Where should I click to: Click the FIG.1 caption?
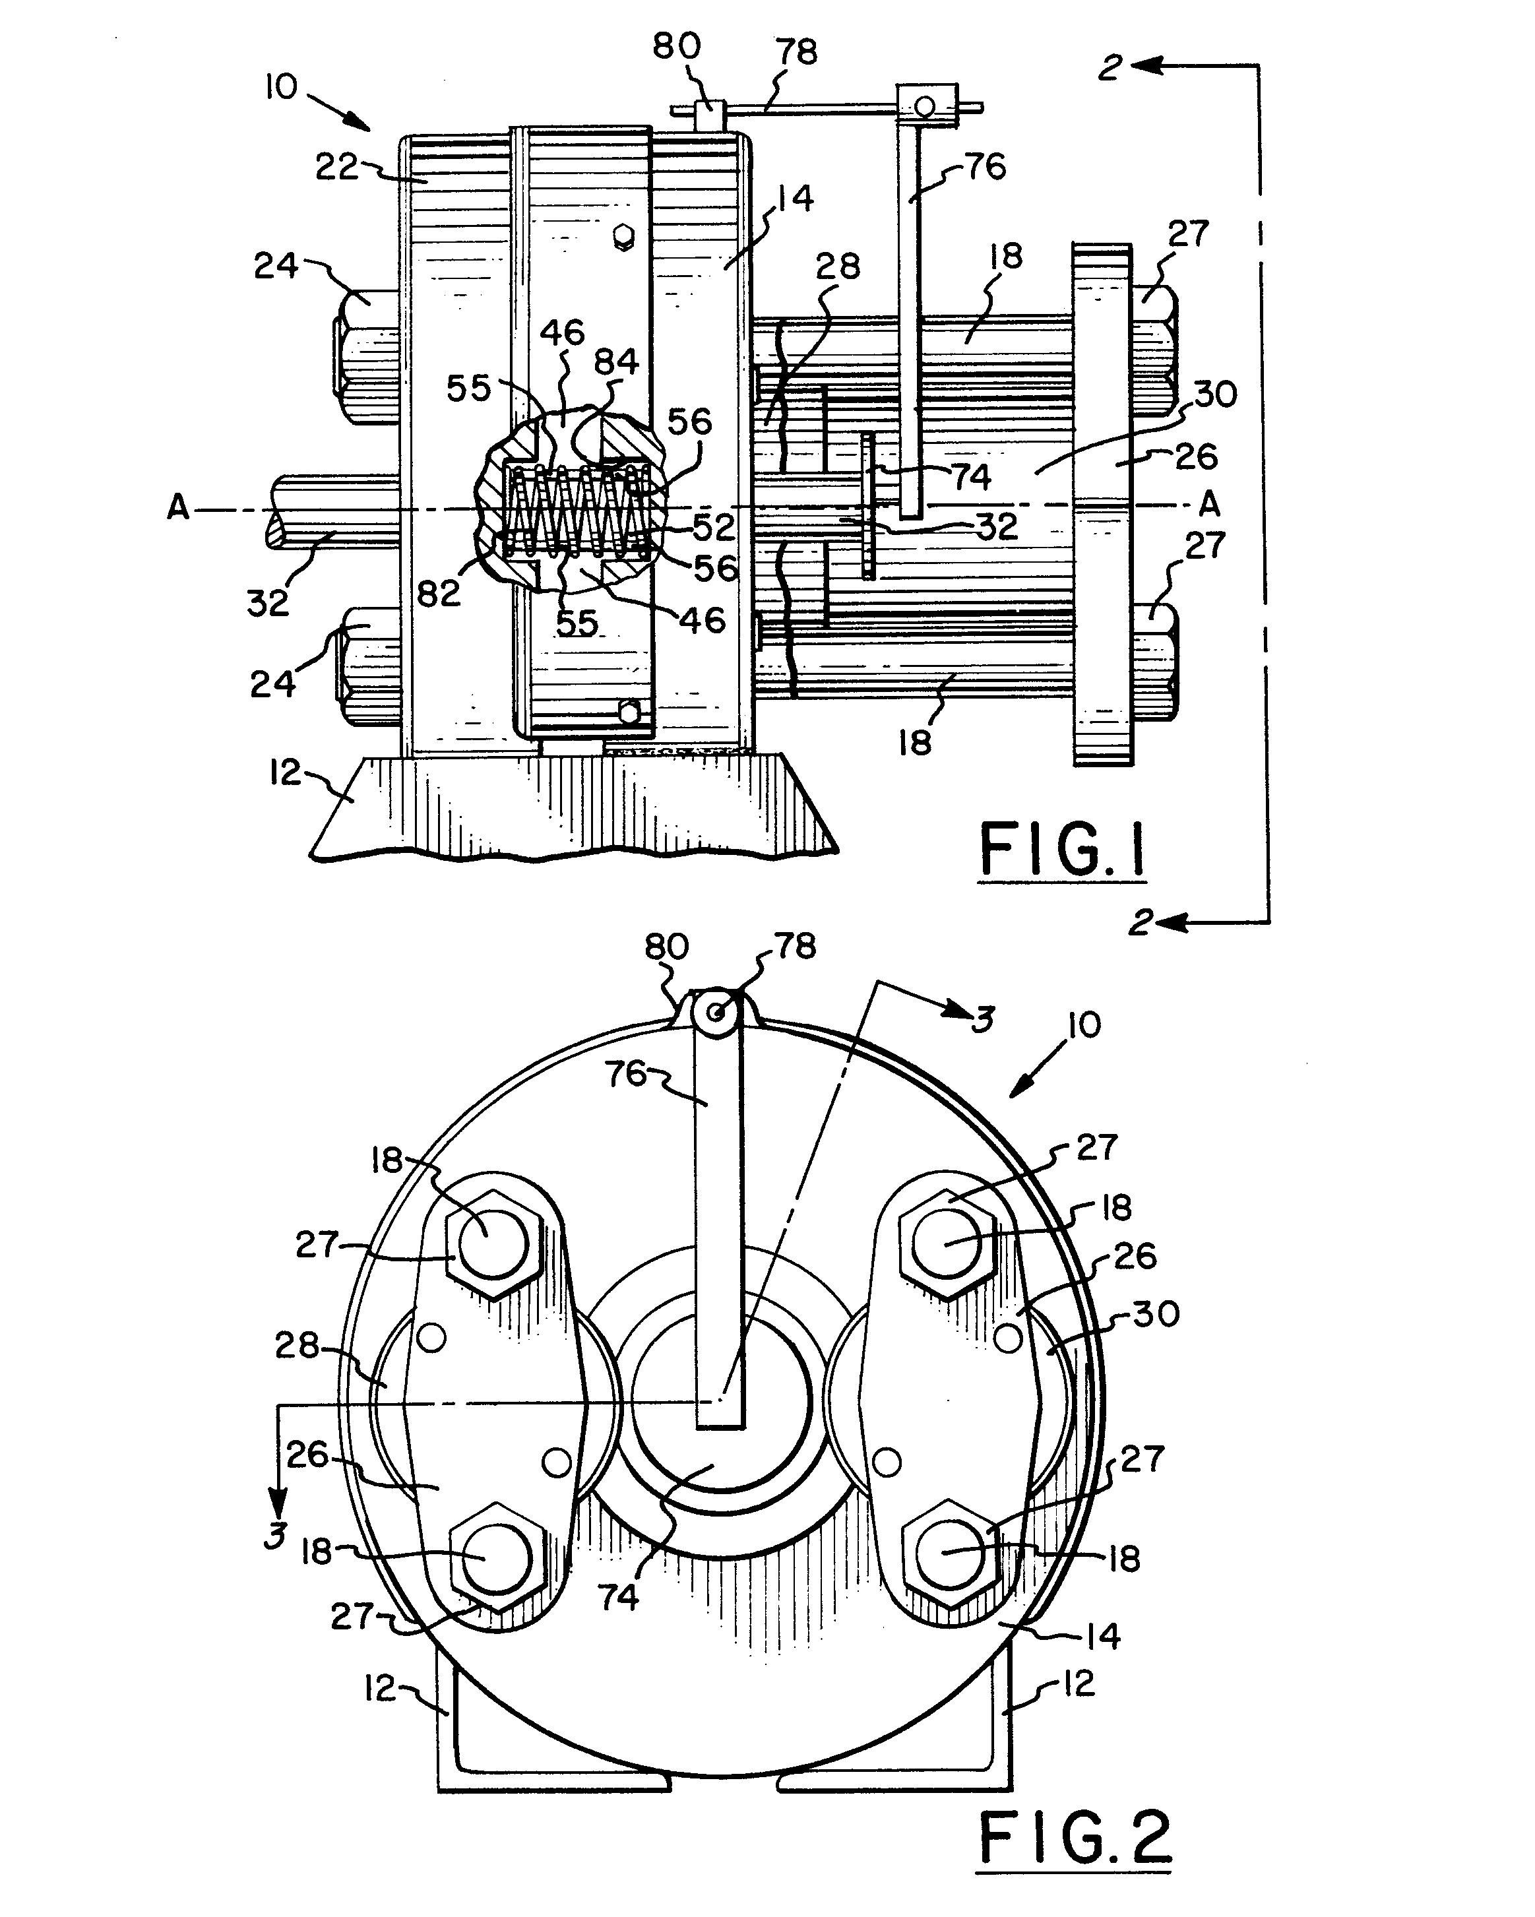(x=1062, y=850)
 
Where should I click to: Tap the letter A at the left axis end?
(x=178, y=507)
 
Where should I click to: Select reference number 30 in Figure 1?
(x=1215, y=394)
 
